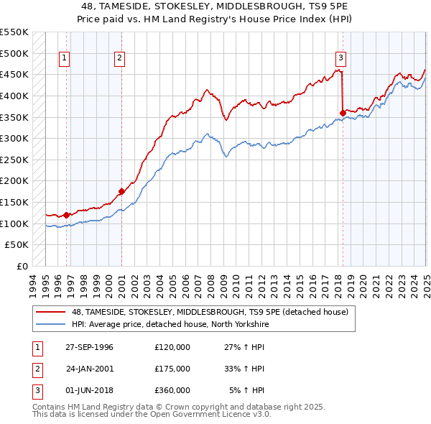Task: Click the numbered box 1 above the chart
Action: pyautogui.click(x=65, y=59)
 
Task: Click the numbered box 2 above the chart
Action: pyautogui.click(x=119, y=59)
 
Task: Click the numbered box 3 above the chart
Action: pyautogui.click(x=340, y=59)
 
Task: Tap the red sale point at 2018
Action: pyautogui.click(x=343, y=111)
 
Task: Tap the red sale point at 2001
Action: pyautogui.click(x=121, y=191)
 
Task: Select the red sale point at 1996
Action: pyautogui.click(x=67, y=214)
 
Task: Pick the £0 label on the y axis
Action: pyautogui.click(x=22, y=266)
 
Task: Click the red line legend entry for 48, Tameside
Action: pyautogui.click(x=210, y=311)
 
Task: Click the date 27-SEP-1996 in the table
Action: pyautogui.click(x=89, y=347)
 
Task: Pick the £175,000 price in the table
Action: pyautogui.click(x=172, y=369)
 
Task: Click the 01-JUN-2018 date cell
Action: pyautogui.click(x=89, y=390)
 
